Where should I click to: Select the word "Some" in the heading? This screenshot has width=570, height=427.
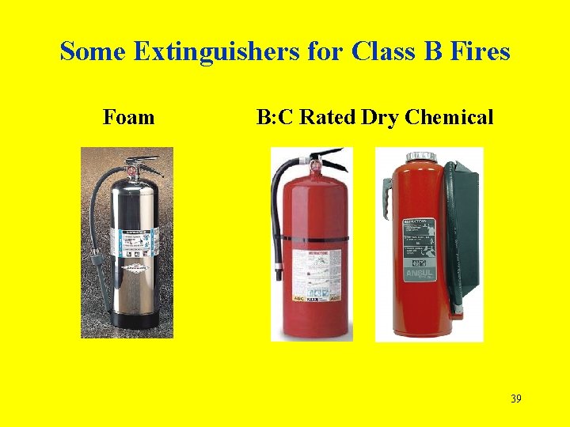tap(94, 52)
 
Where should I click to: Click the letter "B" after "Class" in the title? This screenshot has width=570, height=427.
tap(423, 52)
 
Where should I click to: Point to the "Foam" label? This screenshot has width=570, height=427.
tap(128, 118)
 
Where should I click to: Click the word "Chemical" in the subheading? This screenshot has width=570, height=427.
tap(449, 118)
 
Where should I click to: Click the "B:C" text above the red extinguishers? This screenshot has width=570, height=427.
tap(275, 118)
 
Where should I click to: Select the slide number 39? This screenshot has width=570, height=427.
tap(515, 399)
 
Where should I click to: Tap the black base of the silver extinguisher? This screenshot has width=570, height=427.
tap(135, 319)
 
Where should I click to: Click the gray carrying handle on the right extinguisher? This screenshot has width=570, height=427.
tap(388, 194)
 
